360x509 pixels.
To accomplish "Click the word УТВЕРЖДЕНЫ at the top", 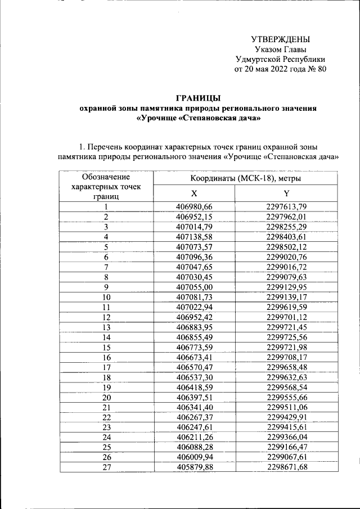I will (x=280, y=39).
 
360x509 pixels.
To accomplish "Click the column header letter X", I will (x=194, y=193).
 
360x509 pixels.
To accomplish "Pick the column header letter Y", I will (x=287, y=193).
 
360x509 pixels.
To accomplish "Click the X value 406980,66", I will (x=194, y=206).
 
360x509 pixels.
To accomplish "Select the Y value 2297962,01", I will (x=287, y=217).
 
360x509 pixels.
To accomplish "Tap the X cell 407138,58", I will (x=194, y=237).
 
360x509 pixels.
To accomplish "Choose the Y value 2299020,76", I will (x=287, y=256).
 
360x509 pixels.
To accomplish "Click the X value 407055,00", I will (x=194, y=287).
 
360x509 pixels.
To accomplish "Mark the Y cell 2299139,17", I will (x=287, y=296).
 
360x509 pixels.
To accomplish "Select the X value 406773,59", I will (x=194, y=347).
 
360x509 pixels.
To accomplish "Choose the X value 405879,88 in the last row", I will (x=194, y=467).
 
